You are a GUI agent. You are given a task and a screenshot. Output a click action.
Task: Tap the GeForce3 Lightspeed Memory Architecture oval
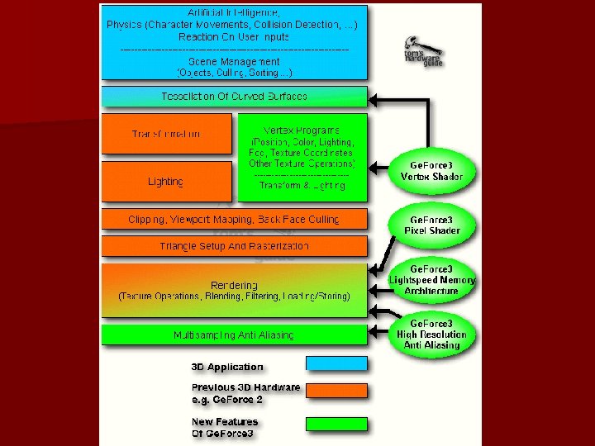[x=431, y=280]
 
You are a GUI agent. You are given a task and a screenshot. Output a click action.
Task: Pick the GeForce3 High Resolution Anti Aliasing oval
[x=431, y=334]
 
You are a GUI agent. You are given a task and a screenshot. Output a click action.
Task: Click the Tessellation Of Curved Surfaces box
[x=234, y=96]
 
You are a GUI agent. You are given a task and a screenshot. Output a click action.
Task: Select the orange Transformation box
[x=166, y=134]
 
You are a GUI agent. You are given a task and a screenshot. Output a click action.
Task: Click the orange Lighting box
[x=166, y=182]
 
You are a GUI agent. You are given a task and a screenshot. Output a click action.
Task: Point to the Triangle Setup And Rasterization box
[x=234, y=246]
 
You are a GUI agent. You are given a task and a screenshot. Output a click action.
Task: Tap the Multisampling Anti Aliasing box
[x=234, y=334]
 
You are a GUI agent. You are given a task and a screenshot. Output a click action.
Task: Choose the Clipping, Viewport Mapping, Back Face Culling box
[x=234, y=219]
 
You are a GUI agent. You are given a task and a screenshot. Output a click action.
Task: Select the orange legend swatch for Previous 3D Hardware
[x=336, y=391]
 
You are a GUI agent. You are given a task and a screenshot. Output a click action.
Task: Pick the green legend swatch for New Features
[x=336, y=423]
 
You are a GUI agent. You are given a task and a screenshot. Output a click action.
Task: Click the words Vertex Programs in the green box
[x=301, y=130]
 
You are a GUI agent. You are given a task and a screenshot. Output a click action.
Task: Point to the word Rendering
[x=234, y=285]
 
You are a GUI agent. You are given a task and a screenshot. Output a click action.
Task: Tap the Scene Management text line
[x=234, y=61]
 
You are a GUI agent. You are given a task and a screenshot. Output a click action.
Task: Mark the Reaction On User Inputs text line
[x=234, y=36]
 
